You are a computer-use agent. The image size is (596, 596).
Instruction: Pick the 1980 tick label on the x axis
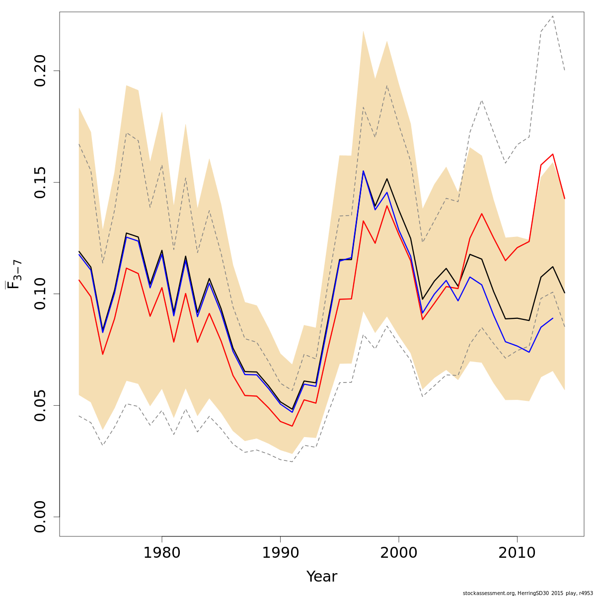pyautogui.click(x=162, y=553)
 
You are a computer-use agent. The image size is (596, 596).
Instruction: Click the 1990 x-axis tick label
pyautogui.click(x=280, y=553)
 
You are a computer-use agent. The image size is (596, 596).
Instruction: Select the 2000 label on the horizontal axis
pyautogui.click(x=399, y=553)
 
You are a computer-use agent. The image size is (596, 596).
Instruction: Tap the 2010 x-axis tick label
pyautogui.click(x=517, y=553)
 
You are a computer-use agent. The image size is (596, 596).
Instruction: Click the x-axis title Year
pyautogui.click(x=321, y=577)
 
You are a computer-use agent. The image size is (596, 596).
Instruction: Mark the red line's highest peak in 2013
pyautogui.click(x=553, y=154)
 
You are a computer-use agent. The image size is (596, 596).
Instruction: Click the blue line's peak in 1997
pyautogui.click(x=363, y=171)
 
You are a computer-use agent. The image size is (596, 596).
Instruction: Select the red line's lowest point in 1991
pyautogui.click(x=292, y=426)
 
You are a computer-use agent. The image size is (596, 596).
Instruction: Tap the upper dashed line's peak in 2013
pyautogui.click(x=553, y=16)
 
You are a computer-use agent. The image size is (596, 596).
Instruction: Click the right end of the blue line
pyautogui.click(x=553, y=318)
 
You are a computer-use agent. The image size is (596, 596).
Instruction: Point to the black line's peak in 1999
pyautogui.click(x=387, y=179)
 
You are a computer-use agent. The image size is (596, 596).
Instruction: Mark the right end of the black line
pyautogui.click(x=565, y=293)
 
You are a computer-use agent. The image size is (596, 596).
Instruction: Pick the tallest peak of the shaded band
pyautogui.click(x=363, y=31)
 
